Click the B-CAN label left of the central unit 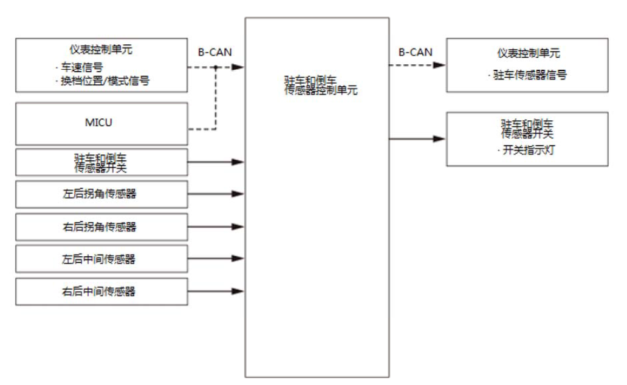pos(214,52)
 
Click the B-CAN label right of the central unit pos(416,52)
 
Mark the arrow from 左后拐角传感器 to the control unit pos(216,194)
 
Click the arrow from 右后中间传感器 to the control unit pos(216,291)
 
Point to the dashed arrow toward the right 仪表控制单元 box pos(417,66)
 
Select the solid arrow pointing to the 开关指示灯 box pos(417,139)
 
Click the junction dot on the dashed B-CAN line pos(215,67)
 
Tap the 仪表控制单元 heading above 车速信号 pos(101,49)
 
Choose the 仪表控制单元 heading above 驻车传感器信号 pos(527,53)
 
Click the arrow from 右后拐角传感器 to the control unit pos(216,227)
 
